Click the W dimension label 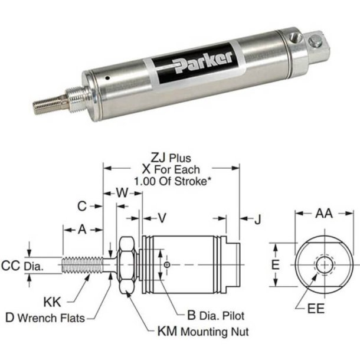click(x=122, y=192)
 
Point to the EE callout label click(x=317, y=309)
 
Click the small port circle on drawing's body click(x=168, y=265)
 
